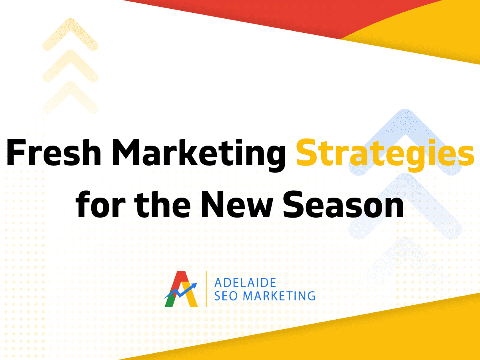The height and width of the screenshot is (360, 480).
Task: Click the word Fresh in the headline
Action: [x=54, y=152]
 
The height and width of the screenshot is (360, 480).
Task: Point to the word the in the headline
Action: [x=162, y=204]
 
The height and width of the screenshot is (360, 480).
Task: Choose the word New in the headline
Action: [x=237, y=205]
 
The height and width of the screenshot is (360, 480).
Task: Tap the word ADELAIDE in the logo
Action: [x=245, y=283]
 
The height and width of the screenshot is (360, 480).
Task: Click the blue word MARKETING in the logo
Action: [x=279, y=296]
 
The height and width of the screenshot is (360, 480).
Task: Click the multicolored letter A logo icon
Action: [x=181, y=289]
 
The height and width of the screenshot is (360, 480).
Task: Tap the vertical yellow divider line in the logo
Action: [x=206, y=289]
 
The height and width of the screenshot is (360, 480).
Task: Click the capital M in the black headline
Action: [x=128, y=153]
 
